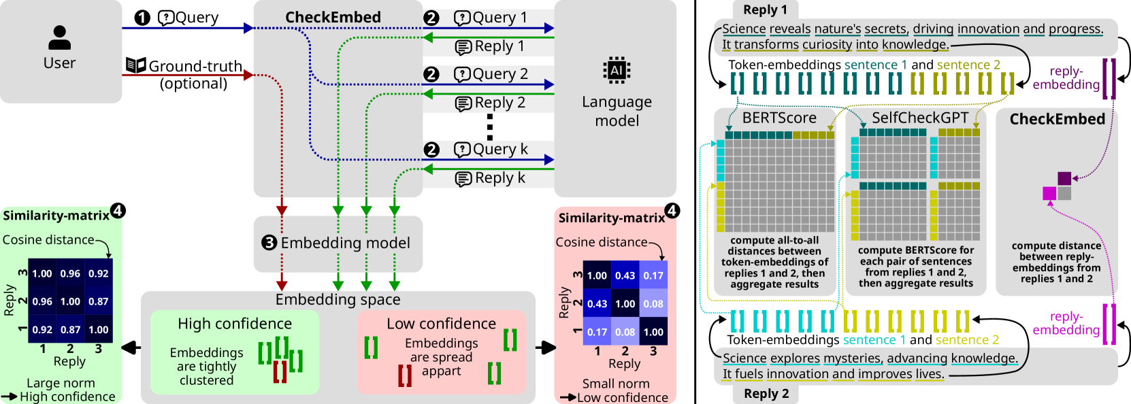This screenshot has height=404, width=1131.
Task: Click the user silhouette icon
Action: [60, 38]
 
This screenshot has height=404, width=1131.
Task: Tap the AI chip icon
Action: [617, 70]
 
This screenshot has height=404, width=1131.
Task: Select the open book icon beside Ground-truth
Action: [136, 65]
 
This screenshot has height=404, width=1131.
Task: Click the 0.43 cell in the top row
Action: [625, 275]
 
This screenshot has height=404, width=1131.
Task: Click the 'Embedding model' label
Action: [346, 243]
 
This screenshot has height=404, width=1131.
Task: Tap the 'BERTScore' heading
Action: [779, 118]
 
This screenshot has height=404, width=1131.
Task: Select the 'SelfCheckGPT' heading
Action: [920, 118]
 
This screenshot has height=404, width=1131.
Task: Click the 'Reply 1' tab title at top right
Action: [765, 10]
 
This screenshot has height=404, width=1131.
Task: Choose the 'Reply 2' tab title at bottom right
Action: [766, 393]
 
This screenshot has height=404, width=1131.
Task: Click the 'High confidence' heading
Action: [235, 323]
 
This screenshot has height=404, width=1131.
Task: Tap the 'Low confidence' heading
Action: [441, 323]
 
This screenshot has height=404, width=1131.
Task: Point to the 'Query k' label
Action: [500, 150]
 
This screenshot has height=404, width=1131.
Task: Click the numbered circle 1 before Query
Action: [142, 18]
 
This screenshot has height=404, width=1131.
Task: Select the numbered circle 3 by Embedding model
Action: [269, 243]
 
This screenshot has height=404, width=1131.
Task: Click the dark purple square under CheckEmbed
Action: [1064, 179]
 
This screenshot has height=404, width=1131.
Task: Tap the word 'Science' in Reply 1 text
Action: [744, 29]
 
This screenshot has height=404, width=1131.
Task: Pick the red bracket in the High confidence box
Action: [280, 372]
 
